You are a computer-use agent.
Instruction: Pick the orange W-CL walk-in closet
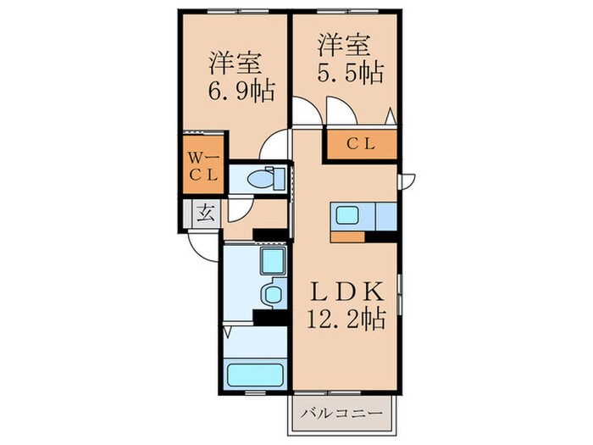point(203,166)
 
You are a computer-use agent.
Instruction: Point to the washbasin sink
point(273,295)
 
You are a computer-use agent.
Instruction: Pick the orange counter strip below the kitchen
point(348,236)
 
